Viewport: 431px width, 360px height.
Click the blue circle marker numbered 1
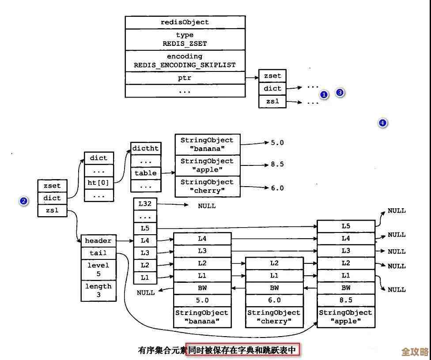point(324,95)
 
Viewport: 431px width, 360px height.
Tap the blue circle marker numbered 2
point(24,201)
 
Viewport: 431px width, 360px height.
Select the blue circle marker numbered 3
point(340,93)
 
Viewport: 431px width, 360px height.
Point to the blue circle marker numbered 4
point(382,123)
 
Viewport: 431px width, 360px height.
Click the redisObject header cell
point(185,22)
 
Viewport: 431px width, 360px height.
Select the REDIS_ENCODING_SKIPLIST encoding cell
point(185,61)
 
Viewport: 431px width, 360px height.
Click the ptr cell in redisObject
point(185,78)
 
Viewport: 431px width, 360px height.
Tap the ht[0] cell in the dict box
point(99,182)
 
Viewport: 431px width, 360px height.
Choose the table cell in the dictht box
point(146,173)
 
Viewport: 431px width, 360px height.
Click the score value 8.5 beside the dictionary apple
point(277,165)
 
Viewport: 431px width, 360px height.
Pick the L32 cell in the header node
point(145,204)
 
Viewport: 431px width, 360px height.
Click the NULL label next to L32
point(207,206)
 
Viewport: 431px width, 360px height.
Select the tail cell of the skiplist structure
point(98,253)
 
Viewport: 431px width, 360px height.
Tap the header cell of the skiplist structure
point(98,241)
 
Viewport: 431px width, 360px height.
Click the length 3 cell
point(98,290)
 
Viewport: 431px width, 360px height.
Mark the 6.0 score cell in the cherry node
point(274,300)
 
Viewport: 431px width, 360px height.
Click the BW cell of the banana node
point(202,288)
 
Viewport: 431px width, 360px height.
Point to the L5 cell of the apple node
point(346,226)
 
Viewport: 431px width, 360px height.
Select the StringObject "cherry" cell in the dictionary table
point(208,186)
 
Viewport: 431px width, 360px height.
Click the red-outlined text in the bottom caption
point(242,350)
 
